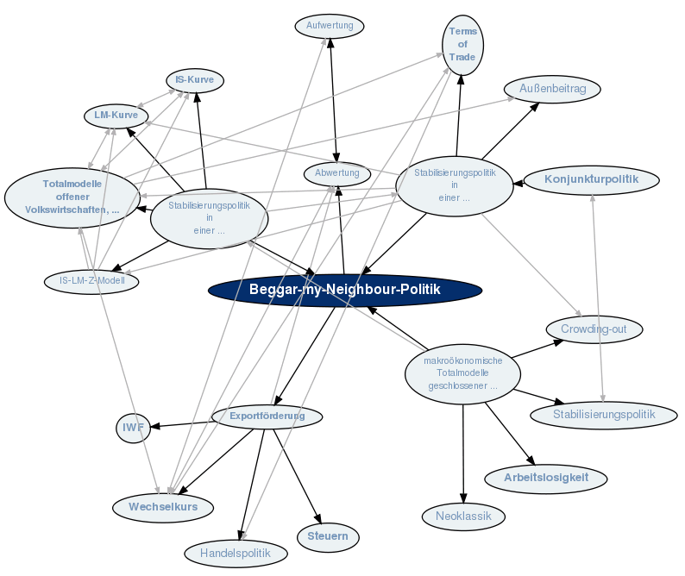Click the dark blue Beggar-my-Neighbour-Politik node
tap(344, 290)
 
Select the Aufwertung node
tap(330, 26)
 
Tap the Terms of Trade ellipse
tap(462, 44)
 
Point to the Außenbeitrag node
tap(553, 88)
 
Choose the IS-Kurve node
tap(195, 80)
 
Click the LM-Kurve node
tap(116, 115)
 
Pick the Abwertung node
tap(337, 173)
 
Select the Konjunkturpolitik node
tap(591, 179)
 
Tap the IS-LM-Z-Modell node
tap(92, 280)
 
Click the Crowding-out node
tap(594, 329)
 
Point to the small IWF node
tap(134, 426)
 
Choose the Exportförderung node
tap(267, 416)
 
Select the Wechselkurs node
tap(163, 507)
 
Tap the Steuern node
tap(328, 537)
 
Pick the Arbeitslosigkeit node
tap(545, 478)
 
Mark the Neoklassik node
tap(463, 517)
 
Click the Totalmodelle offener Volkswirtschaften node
tap(73, 197)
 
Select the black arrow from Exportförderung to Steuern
tap(297, 473)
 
